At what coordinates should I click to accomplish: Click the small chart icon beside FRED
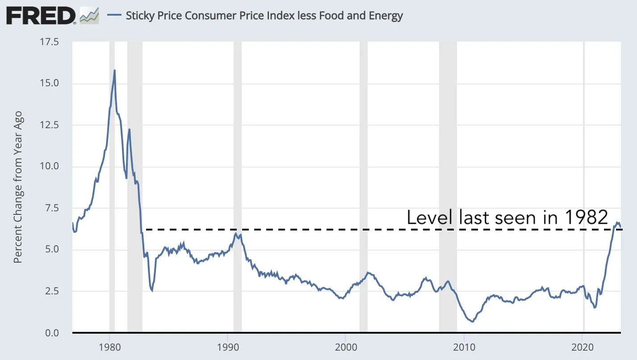tap(89, 16)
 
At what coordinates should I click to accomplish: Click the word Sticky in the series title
tap(139, 16)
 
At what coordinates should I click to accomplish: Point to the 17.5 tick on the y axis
tap(49, 42)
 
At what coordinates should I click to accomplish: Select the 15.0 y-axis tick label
tap(49, 84)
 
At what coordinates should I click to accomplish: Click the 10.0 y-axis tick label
tap(49, 167)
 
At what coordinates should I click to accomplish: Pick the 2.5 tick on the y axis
tap(52, 291)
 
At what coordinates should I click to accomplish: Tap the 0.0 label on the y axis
tap(52, 333)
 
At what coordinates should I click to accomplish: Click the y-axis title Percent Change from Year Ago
tap(18, 188)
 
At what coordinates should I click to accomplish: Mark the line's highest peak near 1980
tap(114, 70)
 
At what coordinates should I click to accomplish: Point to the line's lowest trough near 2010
tap(472, 322)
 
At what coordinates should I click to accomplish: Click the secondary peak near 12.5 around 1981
tap(129, 130)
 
